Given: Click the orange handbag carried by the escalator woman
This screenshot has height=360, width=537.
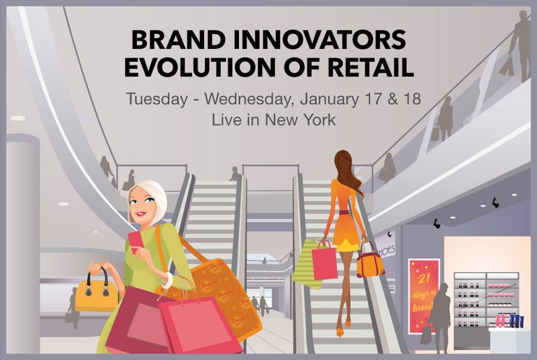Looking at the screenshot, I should [369, 262].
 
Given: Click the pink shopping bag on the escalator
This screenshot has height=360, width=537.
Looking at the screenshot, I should [324, 261].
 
